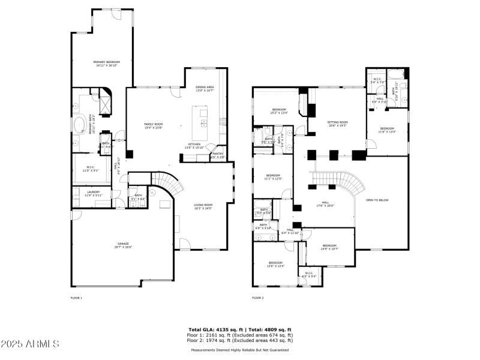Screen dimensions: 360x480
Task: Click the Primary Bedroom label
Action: coord(107,64)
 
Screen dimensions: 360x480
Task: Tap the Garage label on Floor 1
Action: coord(124,245)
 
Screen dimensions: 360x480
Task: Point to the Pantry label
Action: coord(218,155)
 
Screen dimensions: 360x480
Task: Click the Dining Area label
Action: coord(205,89)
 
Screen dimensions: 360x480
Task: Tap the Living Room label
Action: coord(203,206)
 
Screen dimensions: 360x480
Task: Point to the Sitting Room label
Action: coord(338,124)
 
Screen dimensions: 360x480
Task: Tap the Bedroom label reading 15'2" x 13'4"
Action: coord(279,110)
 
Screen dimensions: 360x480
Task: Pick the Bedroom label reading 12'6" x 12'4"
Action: coord(275,264)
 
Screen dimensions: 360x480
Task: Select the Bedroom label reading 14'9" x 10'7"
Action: coord(329,247)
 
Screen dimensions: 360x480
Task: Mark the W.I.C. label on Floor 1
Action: coord(91,169)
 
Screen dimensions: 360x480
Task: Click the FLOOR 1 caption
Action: coord(76,298)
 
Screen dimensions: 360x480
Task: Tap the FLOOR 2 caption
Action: coord(257,298)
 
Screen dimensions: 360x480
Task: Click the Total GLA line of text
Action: coord(240,329)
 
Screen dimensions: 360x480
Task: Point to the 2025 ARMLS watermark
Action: coord(30,344)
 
